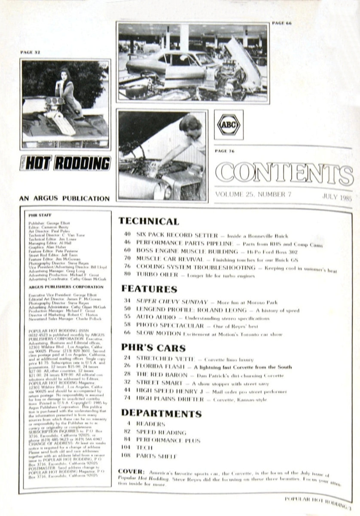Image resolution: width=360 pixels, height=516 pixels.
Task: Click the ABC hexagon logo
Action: point(228,125)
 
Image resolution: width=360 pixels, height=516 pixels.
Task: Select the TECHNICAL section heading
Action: point(148,221)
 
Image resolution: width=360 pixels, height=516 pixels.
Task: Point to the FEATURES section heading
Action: point(149,289)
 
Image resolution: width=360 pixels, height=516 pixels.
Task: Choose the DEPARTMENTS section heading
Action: point(161,414)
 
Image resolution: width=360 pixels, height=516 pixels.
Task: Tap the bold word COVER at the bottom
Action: point(128,472)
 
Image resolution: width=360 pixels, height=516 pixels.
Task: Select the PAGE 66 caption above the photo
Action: point(282,23)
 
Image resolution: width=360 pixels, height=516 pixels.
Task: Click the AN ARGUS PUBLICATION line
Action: point(64,199)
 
